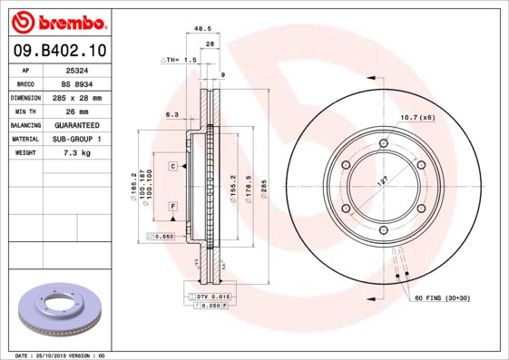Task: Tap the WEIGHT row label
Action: pos(25,153)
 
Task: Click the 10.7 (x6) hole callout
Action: pos(417,117)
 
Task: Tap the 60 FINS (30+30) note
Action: pos(443,297)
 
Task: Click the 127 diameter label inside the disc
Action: pos(382,181)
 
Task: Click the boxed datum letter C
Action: pos(171,167)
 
